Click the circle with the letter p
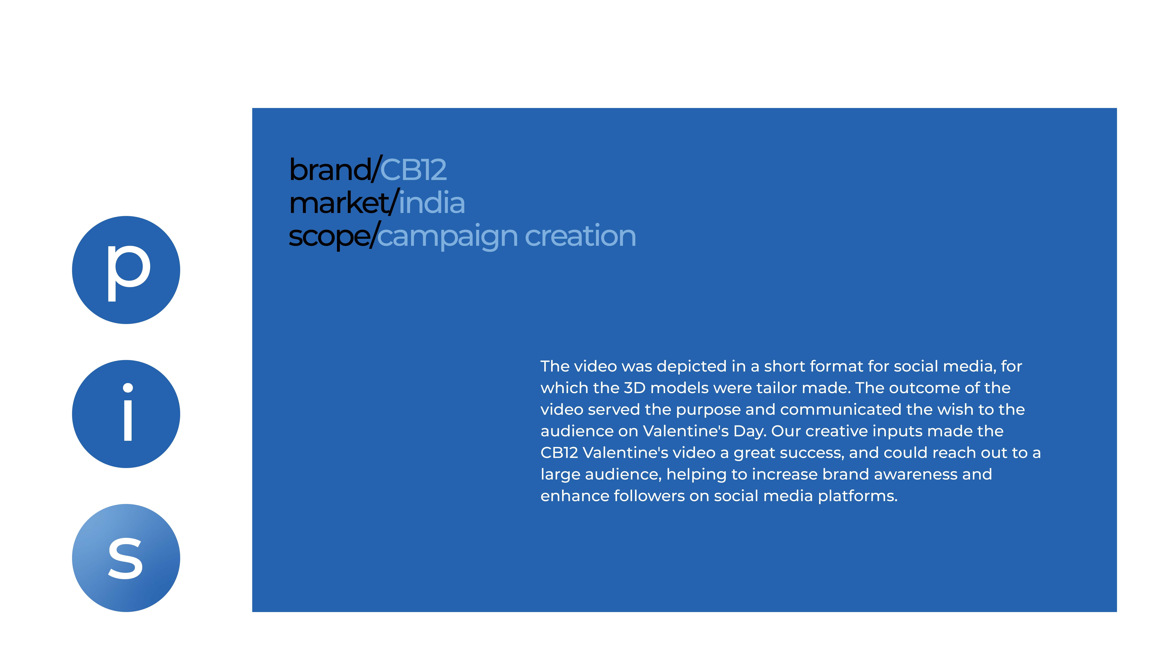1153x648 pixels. pyautogui.click(x=126, y=270)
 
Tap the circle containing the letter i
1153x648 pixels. pyautogui.click(x=126, y=414)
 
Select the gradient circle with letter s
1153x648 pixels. pyautogui.click(x=126, y=558)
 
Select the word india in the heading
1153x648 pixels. pyautogui.click(x=432, y=202)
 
